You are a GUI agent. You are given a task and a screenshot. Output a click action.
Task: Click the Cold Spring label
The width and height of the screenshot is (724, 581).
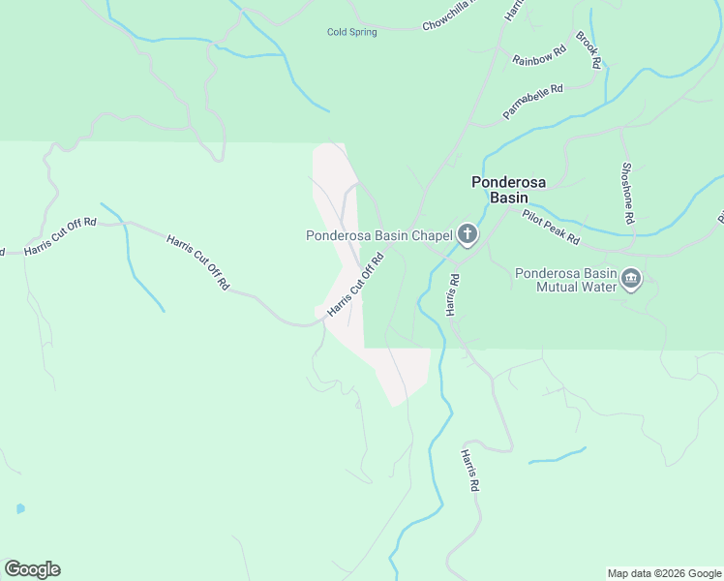point(351,32)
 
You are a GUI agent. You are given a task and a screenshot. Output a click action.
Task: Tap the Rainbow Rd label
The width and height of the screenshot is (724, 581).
point(538,58)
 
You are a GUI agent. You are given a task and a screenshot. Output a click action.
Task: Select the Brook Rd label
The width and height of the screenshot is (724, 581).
point(588,50)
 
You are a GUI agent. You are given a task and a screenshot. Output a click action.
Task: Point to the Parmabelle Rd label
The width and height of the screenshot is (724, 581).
point(532,103)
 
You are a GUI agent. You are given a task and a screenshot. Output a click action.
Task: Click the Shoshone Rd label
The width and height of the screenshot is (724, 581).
point(626,193)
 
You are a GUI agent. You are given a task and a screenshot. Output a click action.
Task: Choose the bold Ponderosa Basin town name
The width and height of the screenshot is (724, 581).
point(500,190)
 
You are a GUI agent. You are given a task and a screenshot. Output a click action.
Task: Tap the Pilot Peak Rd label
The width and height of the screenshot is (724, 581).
point(550,227)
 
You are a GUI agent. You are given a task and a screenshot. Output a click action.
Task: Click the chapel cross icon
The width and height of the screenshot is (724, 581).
point(468,234)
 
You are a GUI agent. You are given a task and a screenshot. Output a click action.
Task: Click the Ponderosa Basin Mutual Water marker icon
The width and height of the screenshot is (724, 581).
point(631,280)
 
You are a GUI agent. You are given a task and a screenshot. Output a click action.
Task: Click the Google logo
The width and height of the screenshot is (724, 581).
point(32,569)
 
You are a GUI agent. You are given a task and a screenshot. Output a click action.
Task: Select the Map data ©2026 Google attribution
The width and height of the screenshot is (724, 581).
point(663,573)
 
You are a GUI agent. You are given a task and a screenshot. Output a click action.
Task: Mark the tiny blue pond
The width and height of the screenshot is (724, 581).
point(19,508)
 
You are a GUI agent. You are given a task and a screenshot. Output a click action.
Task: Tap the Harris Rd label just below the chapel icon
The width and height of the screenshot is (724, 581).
point(453,293)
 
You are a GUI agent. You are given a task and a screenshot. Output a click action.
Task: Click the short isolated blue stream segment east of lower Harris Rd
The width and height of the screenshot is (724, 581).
point(558,455)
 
